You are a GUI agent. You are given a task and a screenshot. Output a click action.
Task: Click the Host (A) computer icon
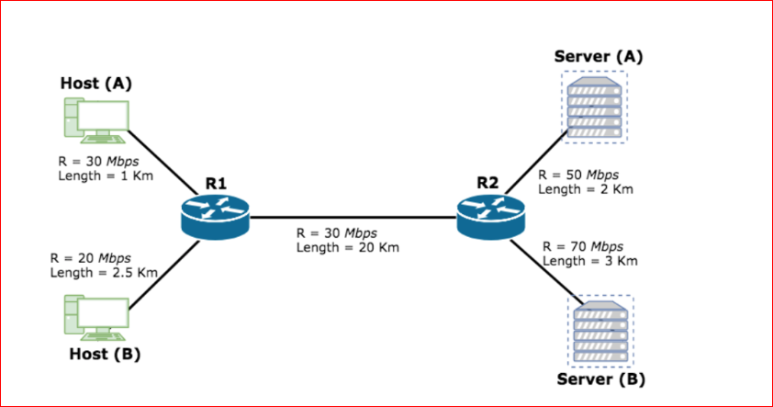click(95, 120)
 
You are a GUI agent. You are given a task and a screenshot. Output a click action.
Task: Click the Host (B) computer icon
click(95, 318)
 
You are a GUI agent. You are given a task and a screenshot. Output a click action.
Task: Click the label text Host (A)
click(96, 83)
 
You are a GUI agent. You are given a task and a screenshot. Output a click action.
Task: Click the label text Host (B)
click(105, 355)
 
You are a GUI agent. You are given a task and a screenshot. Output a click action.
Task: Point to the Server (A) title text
click(599, 56)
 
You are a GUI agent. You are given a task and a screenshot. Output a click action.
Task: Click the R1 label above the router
click(216, 183)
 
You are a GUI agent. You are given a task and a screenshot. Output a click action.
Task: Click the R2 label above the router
click(488, 183)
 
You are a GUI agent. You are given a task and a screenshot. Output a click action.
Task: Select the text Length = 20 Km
click(347, 247)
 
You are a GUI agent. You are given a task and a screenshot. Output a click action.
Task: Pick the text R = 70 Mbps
click(583, 246)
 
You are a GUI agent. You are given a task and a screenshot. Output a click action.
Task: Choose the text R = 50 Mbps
click(578, 175)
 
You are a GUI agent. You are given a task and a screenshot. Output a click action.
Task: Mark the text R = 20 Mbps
click(90, 257)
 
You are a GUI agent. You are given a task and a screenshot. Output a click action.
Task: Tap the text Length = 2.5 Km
click(104, 272)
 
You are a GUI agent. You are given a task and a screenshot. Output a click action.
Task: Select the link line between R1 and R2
click(353, 218)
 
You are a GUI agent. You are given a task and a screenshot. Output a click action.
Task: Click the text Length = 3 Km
click(589, 261)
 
